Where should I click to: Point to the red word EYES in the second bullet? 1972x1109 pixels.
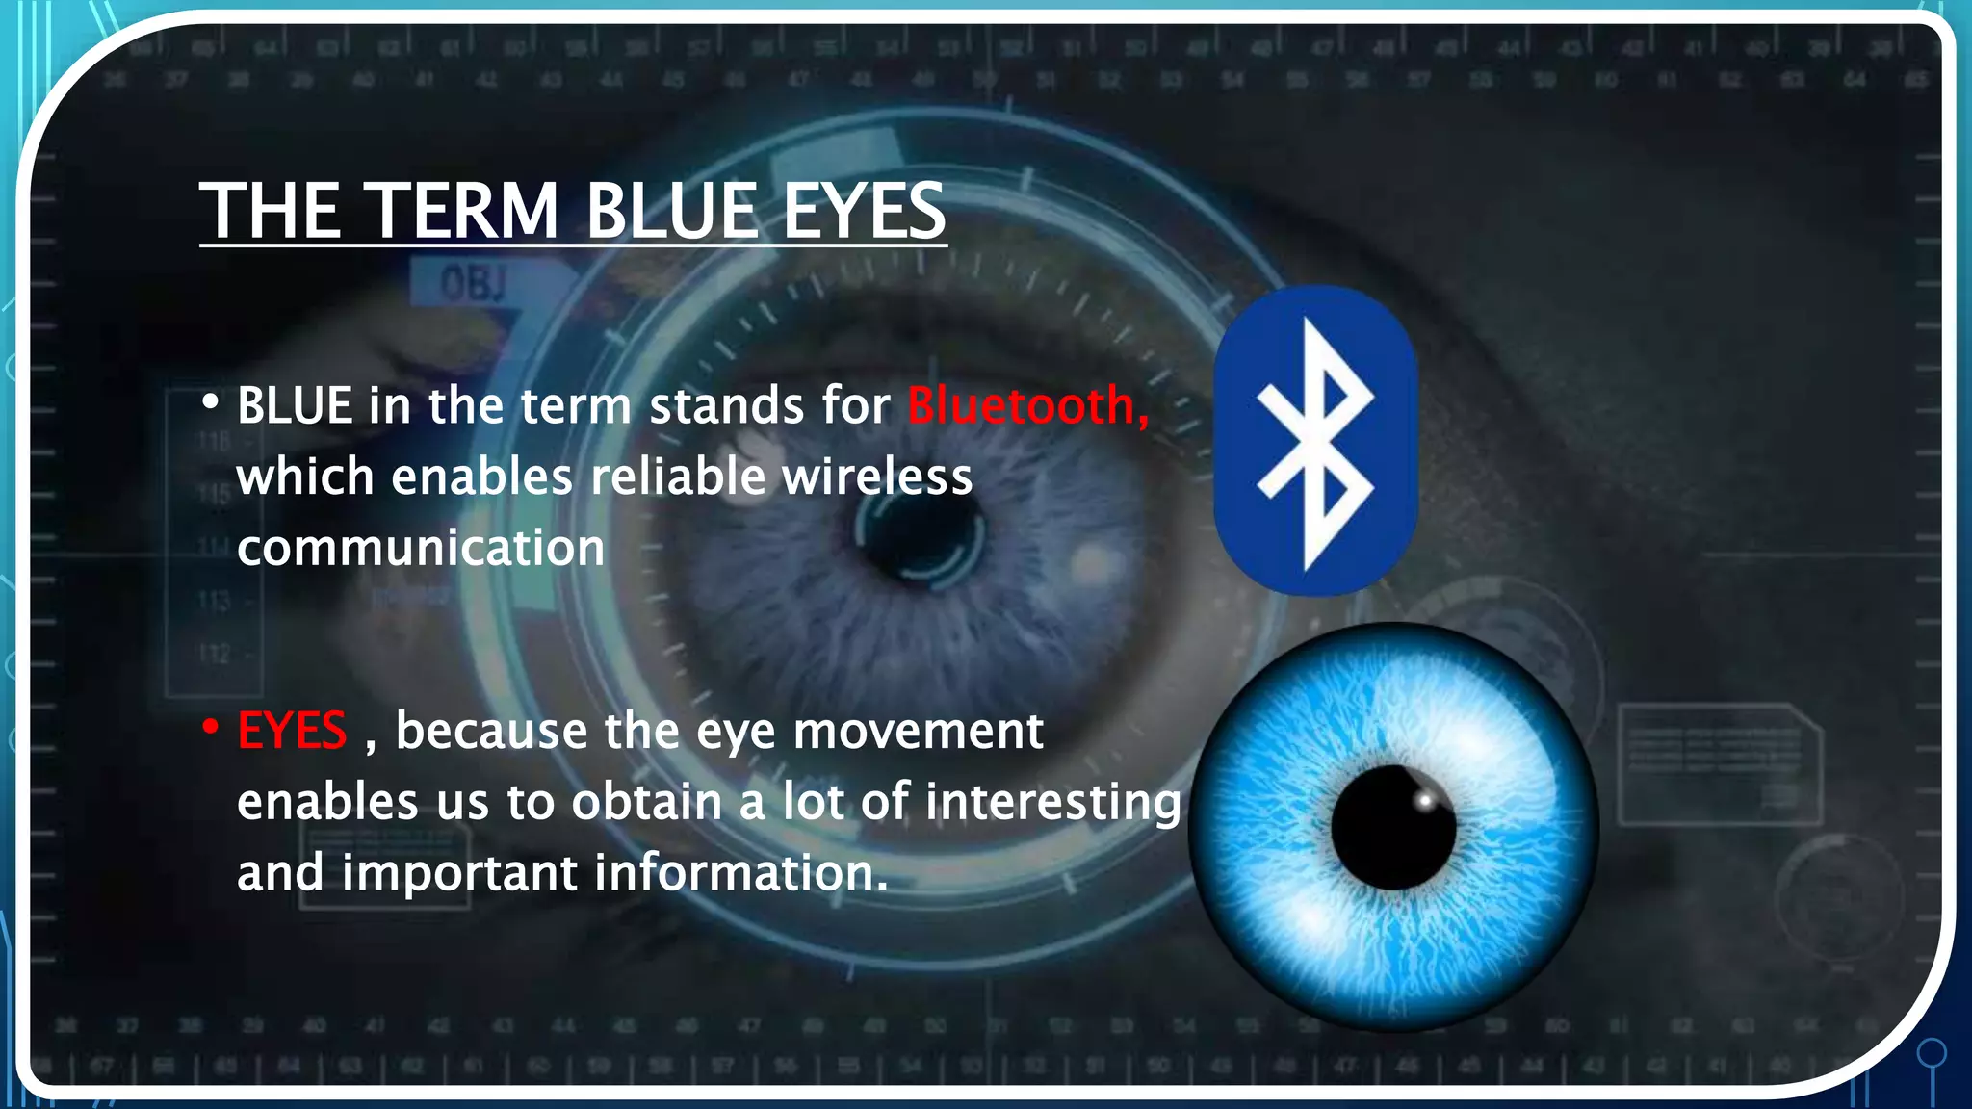[292, 731]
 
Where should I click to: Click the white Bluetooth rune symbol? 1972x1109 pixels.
[1315, 442]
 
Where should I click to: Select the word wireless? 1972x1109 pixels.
[877, 477]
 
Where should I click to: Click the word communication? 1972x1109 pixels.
[421, 548]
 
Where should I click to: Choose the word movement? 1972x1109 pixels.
[918, 731]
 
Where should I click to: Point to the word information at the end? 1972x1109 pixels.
[739, 872]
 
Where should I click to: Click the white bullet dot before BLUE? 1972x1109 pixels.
[210, 402]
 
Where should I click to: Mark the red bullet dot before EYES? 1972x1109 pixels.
[210, 728]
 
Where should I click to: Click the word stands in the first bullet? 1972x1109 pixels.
[726, 405]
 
